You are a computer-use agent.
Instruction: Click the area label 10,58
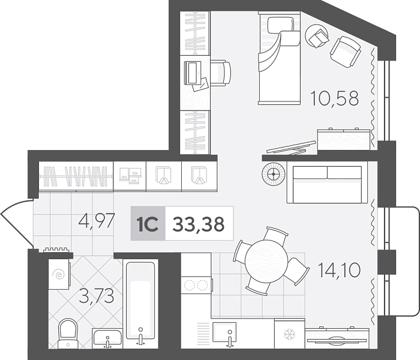334,98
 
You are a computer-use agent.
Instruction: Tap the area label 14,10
339,270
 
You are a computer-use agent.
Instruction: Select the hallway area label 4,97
97,221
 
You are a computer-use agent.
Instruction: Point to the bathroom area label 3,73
97,296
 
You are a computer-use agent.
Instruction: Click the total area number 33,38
199,224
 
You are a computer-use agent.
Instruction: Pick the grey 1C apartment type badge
148,223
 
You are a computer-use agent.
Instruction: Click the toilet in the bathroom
68,334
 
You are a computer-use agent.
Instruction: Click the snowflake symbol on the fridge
290,334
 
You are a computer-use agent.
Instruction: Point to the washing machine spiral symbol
59,274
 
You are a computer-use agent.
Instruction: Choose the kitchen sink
224,332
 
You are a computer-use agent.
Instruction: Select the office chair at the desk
220,73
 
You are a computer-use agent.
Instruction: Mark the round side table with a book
317,36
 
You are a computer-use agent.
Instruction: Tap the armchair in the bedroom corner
345,52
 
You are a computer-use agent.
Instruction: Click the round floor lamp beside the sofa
274,174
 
